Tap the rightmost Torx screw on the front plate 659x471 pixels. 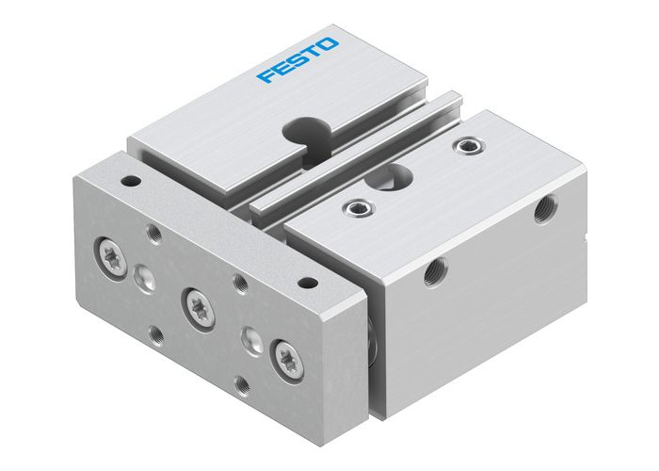[x=289, y=359]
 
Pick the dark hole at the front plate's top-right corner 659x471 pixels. [x=306, y=281]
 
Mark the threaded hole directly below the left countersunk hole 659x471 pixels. [x=156, y=332]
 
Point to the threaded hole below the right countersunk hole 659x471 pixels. [x=244, y=384]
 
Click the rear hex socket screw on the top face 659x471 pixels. [x=464, y=146]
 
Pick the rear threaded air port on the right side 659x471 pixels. [x=544, y=210]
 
